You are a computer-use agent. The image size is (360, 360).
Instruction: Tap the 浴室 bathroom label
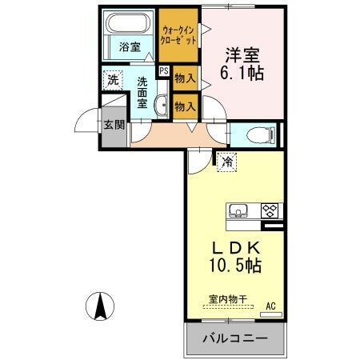point(130,47)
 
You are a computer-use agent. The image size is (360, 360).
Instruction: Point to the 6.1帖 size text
point(244,74)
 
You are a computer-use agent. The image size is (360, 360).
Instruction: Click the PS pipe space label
point(163,71)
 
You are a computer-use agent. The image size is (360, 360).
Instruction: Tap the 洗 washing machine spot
point(113,80)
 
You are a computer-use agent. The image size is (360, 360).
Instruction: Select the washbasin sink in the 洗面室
point(159,104)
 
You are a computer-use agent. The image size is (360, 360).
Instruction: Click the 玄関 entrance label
point(114,126)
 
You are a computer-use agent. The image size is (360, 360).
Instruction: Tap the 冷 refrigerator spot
point(227,162)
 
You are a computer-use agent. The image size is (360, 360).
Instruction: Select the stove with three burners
point(270,210)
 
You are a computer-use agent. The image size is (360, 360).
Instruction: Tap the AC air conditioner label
point(270,305)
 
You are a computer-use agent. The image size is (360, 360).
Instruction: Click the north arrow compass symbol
point(102,305)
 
